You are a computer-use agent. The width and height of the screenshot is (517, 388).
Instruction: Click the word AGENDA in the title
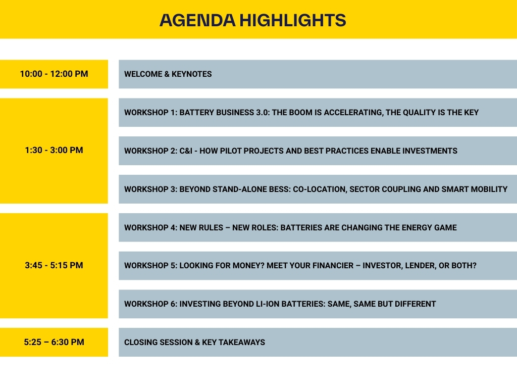(x=197, y=20)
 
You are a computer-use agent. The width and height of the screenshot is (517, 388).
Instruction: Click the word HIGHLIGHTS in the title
(x=293, y=20)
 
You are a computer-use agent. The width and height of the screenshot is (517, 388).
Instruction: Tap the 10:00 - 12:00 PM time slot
(x=54, y=74)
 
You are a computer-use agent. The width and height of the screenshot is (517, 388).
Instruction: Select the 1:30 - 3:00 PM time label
(x=54, y=150)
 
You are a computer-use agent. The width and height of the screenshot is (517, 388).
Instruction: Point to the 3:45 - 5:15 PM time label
(x=54, y=265)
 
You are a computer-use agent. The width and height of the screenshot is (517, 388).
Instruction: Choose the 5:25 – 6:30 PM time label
(x=54, y=342)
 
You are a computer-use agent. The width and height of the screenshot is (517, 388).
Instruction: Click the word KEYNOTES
(x=191, y=74)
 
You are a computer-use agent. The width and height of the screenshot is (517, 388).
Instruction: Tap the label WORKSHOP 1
(x=150, y=113)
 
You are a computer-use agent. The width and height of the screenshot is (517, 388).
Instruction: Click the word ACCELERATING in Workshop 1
(x=353, y=113)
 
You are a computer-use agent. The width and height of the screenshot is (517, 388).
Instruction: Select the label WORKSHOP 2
(x=150, y=151)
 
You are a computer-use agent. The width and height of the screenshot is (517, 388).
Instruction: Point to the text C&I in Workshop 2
(x=186, y=151)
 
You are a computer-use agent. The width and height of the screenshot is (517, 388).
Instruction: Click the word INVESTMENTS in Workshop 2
(x=430, y=151)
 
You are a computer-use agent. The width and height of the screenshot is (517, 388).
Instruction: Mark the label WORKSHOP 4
(x=150, y=228)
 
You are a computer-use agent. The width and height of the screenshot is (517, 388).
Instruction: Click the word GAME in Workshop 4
(x=446, y=228)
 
